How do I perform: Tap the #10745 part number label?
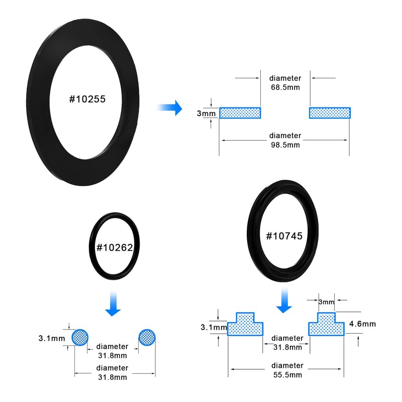click(x=284, y=236)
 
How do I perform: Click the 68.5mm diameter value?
click(x=285, y=88)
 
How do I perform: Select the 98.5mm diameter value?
click(x=285, y=145)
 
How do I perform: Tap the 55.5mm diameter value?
click(x=287, y=375)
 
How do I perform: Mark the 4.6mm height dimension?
click(x=362, y=324)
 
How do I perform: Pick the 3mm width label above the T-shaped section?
click(x=326, y=302)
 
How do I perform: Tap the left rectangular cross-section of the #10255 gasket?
click(x=240, y=113)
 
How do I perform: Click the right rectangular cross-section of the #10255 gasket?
click(x=330, y=113)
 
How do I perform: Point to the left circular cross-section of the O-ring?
click(x=80, y=337)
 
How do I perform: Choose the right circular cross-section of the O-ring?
click(x=147, y=337)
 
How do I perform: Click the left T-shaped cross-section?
click(x=245, y=325)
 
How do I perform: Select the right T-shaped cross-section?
click(x=326, y=325)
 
